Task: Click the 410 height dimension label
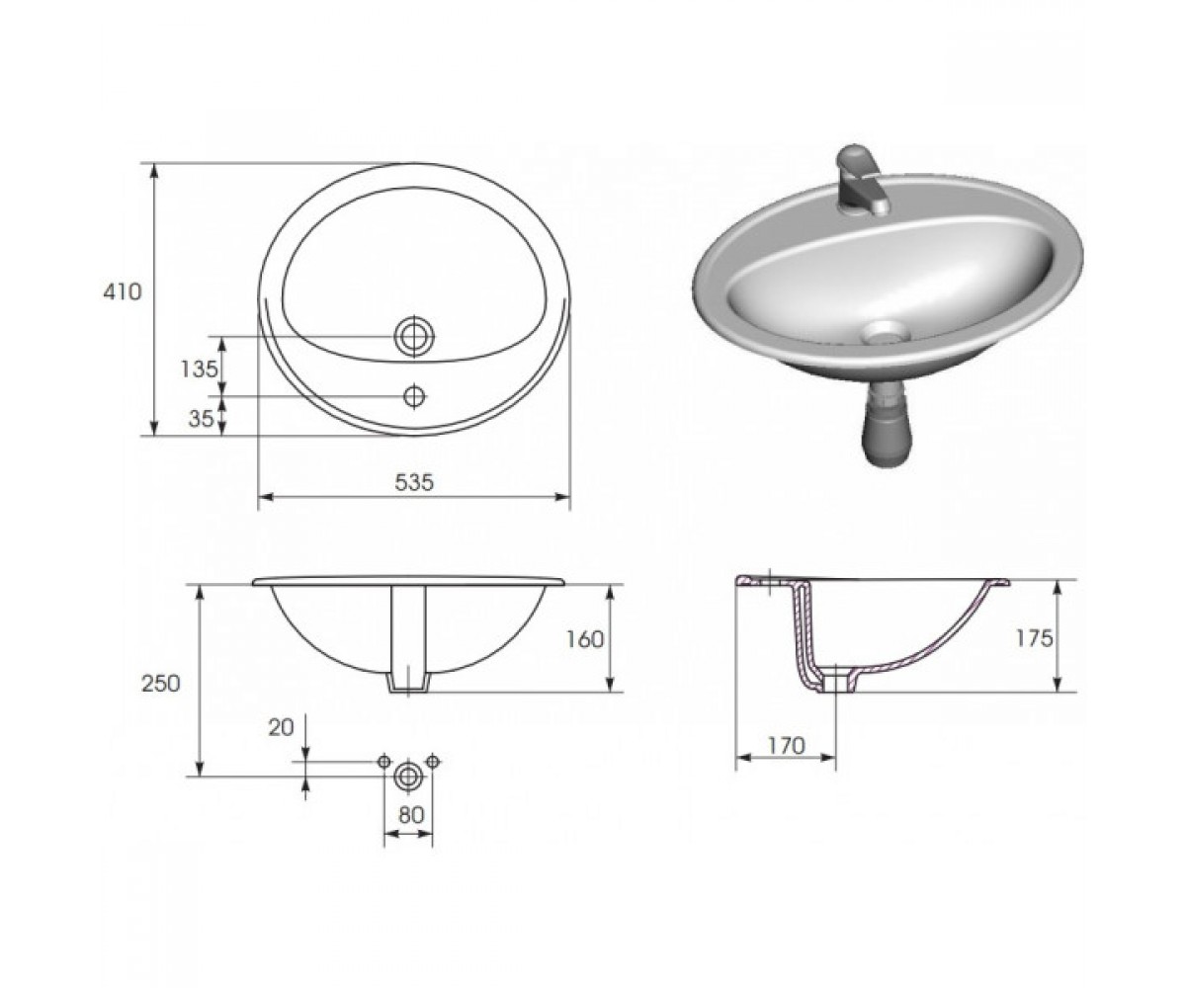(x=122, y=291)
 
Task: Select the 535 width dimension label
(x=414, y=482)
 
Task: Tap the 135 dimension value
(x=200, y=370)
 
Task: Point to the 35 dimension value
(x=201, y=419)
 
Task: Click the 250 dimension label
(x=161, y=684)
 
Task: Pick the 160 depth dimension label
(x=584, y=639)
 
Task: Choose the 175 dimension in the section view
(x=1034, y=638)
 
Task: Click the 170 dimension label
(x=786, y=746)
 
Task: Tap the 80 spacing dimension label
(x=411, y=815)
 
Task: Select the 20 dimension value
(x=281, y=727)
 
